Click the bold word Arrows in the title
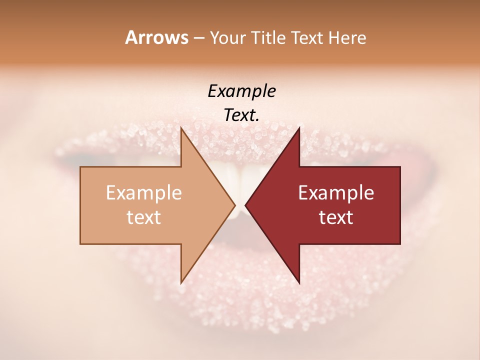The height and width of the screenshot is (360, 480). click(x=156, y=37)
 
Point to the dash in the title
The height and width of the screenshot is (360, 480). click(x=198, y=38)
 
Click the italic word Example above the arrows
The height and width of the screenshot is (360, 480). click(x=242, y=91)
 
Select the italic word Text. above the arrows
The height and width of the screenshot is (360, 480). click(x=242, y=115)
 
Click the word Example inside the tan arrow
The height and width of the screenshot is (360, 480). click(x=144, y=193)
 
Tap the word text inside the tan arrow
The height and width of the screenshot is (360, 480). click(x=144, y=217)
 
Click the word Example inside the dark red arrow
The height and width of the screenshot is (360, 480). click(x=336, y=193)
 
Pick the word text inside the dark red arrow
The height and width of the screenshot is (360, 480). click(x=336, y=217)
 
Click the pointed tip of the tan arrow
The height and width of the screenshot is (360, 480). click(x=235, y=205)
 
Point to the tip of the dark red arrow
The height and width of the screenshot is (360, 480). click(x=245, y=205)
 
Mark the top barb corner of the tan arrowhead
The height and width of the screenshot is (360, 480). click(x=181, y=128)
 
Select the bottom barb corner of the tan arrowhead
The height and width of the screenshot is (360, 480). click(x=181, y=283)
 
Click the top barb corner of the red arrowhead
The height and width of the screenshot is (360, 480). click(x=299, y=128)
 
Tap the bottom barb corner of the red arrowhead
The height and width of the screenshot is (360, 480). click(x=299, y=283)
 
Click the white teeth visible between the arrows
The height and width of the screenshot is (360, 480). click(x=240, y=177)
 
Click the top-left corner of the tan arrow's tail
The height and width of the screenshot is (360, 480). click(x=80, y=167)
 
